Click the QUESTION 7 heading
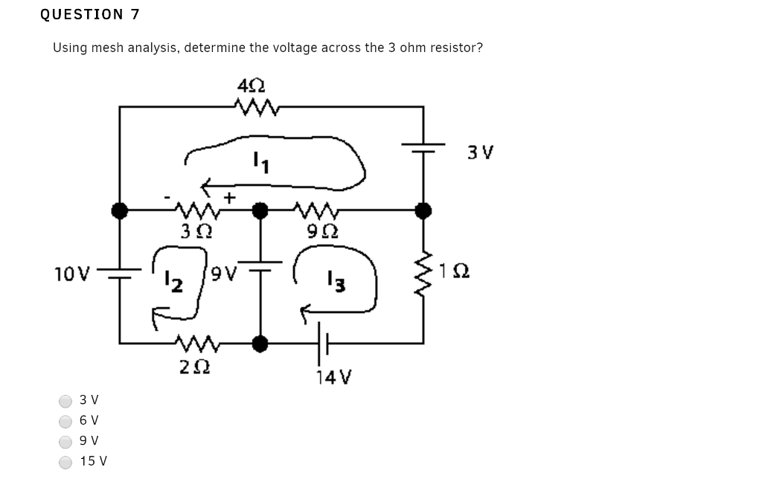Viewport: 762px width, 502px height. [90, 14]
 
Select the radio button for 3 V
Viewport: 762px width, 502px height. [65, 401]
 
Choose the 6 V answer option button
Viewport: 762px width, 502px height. [65, 421]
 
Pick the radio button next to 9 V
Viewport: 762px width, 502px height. [65, 441]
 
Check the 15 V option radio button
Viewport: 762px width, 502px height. [65, 462]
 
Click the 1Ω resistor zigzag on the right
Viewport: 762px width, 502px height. [424, 272]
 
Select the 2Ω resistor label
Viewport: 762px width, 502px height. [194, 365]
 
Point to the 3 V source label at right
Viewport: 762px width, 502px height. [481, 153]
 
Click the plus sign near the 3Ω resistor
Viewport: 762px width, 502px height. [231, 197]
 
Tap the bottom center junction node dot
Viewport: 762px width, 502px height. [260, 344]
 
